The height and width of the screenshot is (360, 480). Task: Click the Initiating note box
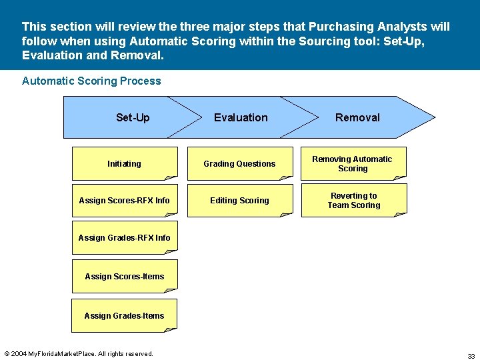pos(125,163)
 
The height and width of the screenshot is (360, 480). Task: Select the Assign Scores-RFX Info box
pos(125,200)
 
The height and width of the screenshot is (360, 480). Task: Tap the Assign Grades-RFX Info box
pos(125,237)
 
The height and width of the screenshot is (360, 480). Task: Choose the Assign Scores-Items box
pos(125,276)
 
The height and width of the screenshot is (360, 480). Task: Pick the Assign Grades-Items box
pos(125,315)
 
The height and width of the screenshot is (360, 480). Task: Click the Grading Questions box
pos(239,163)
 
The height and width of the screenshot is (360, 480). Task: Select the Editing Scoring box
pos(239,200)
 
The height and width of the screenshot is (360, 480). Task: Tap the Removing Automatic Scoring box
pos(353,163)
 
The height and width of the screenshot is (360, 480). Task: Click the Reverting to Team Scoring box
pos(353,200)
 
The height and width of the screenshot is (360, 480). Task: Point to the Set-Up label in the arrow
pos(133,117)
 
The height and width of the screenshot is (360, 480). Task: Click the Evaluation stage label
pos(241,117)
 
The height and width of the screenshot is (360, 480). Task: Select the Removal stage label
pos(357,117)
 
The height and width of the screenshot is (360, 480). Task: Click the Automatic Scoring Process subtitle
pos(91,81)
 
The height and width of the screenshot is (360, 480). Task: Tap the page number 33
pos(471,356)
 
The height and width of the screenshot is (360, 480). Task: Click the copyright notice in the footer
pos(79,353)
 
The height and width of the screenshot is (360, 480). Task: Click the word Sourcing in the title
pos(293,41)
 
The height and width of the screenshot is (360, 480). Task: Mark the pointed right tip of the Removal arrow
pos(433,117)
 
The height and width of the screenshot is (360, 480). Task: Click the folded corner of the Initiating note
pos(171,177)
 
